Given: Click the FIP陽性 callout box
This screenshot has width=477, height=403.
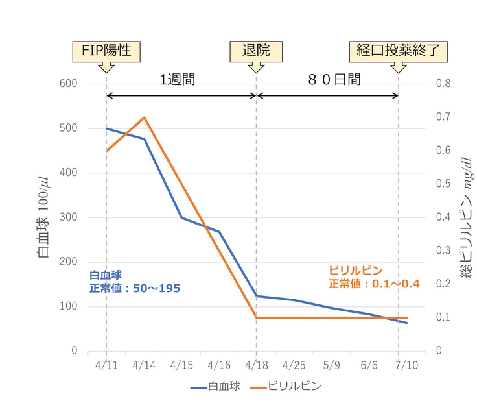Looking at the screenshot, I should pos(106,51).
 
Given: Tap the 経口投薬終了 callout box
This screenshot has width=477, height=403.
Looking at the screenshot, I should pos(398,51).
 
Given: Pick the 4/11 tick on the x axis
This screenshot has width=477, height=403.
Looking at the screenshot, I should pos(106,365).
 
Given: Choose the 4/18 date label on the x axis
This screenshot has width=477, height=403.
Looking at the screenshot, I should pos(257,365).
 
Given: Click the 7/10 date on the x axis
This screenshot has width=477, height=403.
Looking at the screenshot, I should pos(406,365).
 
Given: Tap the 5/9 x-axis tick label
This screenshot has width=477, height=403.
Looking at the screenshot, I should pos(332,365).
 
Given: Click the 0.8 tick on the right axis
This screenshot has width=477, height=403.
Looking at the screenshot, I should pos(443,84).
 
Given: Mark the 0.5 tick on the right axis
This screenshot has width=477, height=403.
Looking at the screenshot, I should pos(443,184).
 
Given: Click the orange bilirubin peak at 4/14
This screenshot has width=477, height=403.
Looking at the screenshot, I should pos(144,117).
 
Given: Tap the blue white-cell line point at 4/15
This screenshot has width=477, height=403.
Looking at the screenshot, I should pos(181,217).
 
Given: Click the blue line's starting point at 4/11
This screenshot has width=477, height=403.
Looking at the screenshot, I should pos(106,128).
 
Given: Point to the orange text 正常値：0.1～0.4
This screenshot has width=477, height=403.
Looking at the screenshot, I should pos(374,284).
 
